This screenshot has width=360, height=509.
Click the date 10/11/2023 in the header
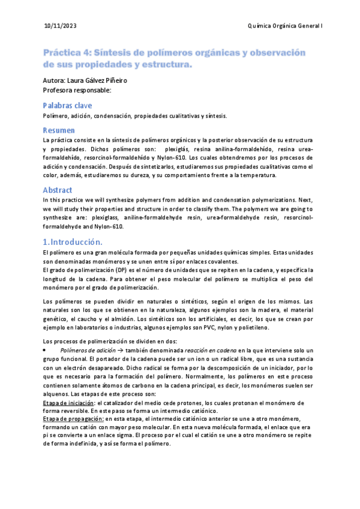(x=60, y=27)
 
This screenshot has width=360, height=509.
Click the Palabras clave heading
(x=67, y=105)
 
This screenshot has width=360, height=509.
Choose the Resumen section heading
(x=59, y=130)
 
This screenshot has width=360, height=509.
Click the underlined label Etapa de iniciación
(x=69, y=403)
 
